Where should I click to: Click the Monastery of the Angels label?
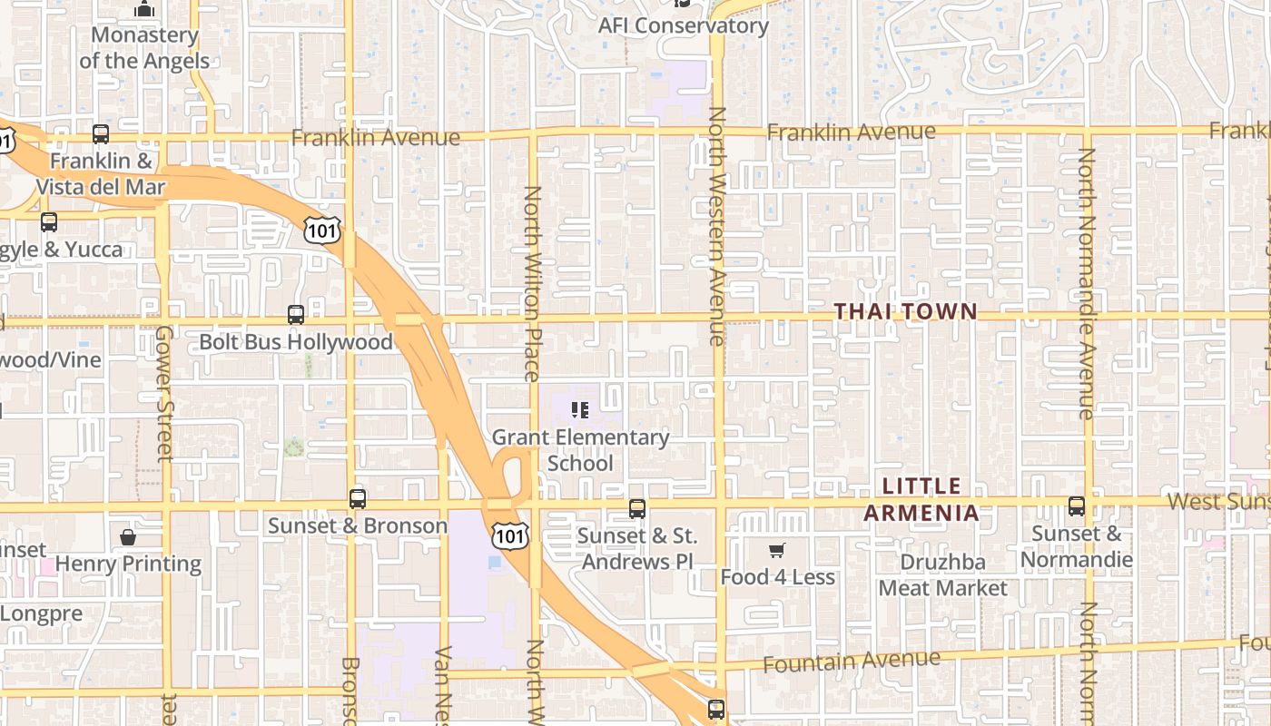144,48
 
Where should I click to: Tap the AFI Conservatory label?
683,25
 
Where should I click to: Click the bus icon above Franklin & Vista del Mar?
101,134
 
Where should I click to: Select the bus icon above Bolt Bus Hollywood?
296,315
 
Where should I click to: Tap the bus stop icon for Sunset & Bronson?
358,498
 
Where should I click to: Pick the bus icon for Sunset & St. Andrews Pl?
637,508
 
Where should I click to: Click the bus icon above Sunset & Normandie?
1077,506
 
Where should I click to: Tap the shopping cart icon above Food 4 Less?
776,550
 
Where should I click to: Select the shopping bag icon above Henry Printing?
128,537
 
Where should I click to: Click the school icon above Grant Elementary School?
580,410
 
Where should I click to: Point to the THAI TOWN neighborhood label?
905,311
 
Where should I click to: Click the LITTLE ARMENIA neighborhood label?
921,499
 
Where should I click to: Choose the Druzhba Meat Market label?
942,574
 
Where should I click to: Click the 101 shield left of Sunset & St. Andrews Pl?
509,535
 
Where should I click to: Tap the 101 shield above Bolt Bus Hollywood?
323,230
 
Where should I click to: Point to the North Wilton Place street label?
533,283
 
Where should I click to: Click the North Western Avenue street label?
717,227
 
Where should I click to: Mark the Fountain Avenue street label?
851,661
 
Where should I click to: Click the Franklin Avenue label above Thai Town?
851,132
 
